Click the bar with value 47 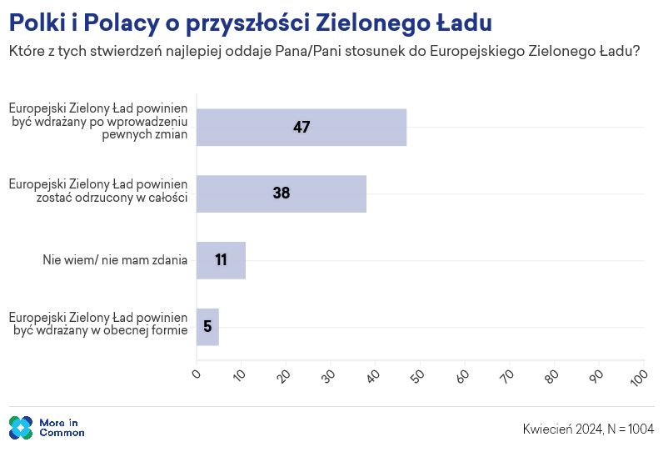302,128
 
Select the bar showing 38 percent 282,193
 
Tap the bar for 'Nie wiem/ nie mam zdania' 221,260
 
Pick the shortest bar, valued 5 207,327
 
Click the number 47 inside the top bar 302,128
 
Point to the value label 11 221,260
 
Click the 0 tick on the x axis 197,374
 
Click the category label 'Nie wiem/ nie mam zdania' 115,260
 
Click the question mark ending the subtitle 636,51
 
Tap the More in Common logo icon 21,428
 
